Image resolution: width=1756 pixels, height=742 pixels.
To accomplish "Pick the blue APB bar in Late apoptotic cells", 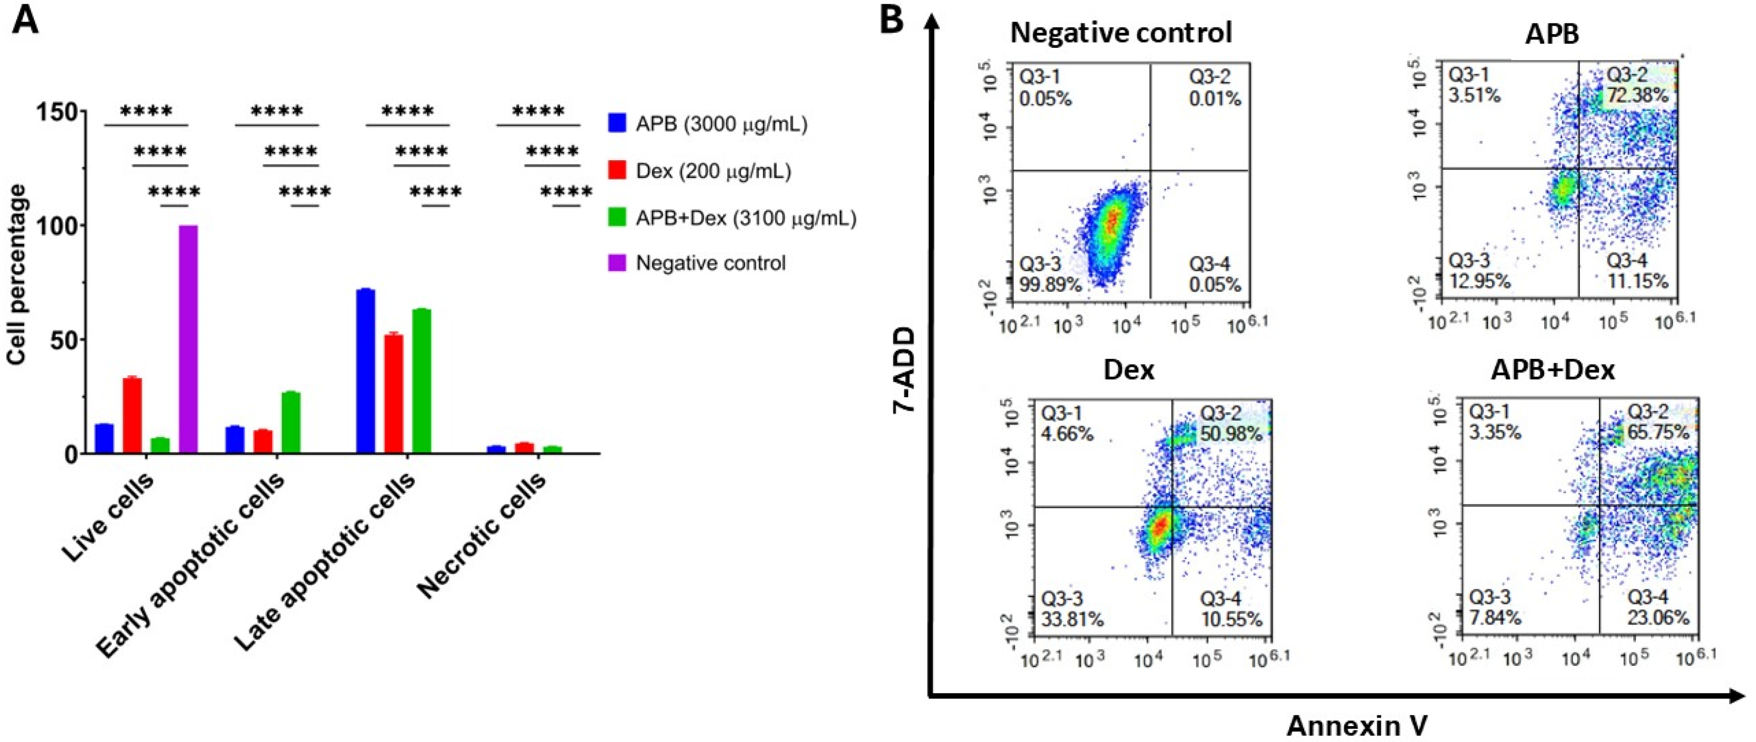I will pos(366,371).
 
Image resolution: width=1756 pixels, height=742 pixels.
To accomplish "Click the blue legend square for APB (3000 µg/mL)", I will pos(616,123).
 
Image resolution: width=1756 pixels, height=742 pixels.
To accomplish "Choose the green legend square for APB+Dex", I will pos(616,217).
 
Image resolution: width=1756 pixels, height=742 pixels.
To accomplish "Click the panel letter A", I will pos(26,19).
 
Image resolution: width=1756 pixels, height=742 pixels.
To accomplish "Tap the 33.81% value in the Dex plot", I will pos(1072,619).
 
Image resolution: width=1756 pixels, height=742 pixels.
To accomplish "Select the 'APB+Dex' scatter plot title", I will pos(1552,370).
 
